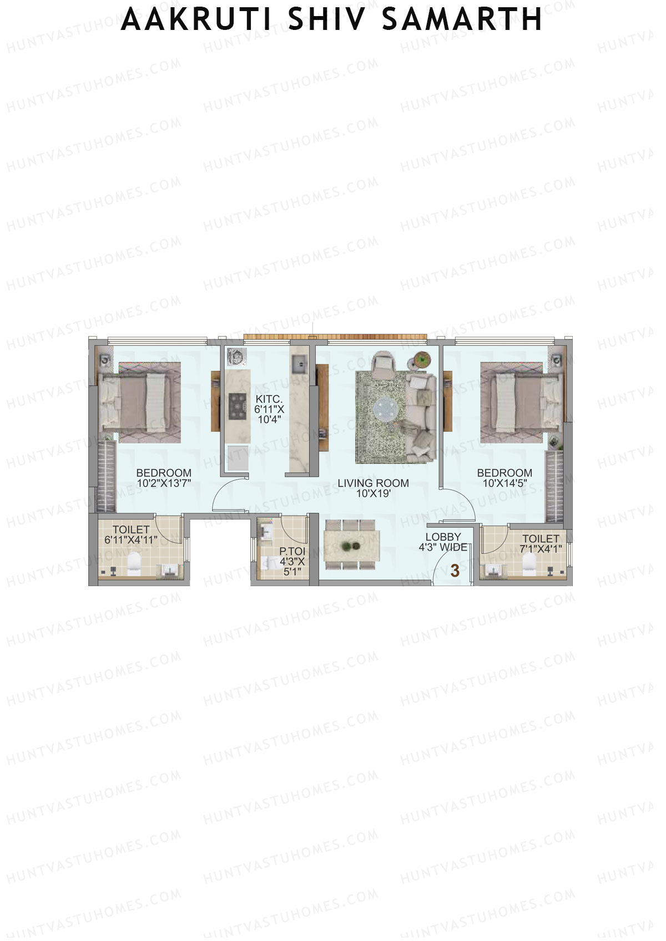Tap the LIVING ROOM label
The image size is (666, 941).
[x=373, y=483]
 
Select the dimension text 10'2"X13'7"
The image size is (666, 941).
[x=164, y=483]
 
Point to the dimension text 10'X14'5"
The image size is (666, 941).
[x=504, y=483]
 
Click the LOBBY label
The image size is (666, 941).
[x=443, y=537]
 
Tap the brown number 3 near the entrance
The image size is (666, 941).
[x=455, y=571]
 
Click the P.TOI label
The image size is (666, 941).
[x=292, y=552]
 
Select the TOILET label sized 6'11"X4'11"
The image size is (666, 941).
[x=131, y=530]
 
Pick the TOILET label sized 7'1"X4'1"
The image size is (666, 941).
[x=541, y=538]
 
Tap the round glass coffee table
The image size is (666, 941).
[x=385, y=409]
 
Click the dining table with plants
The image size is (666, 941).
[x=352, y=546]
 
